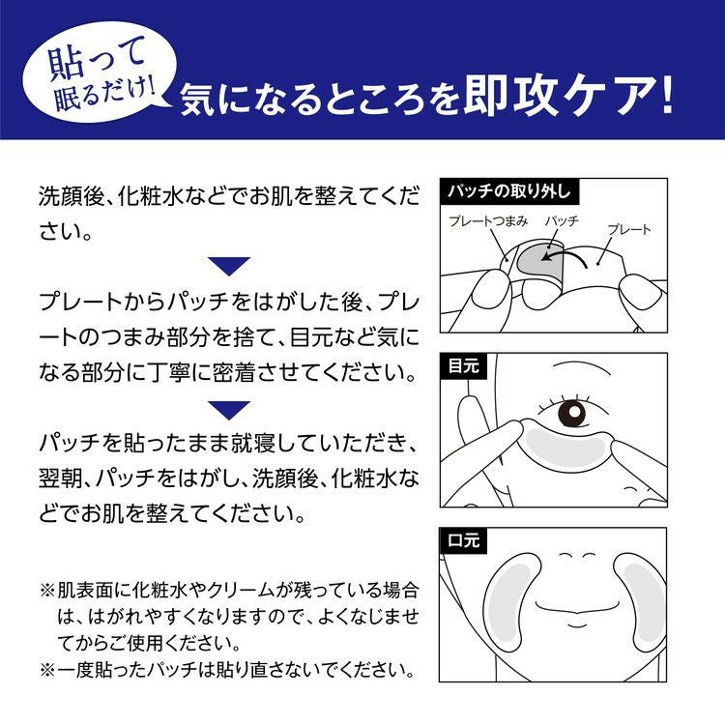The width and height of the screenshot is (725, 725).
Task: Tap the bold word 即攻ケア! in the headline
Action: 567,96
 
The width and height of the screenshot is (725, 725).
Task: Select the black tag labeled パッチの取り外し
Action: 509,191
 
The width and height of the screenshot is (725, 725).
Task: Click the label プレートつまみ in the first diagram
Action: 488,221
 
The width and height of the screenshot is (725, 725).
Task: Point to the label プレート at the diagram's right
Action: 629,229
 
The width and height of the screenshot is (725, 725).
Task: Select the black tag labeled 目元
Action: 464,366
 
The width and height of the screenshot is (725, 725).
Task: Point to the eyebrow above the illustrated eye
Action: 584,365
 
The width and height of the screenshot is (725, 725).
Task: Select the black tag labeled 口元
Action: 464,540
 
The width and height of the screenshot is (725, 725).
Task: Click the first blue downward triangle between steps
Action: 229,265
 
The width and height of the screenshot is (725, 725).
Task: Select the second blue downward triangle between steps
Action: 229,410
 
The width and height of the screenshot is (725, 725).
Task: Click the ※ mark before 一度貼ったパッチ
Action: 47,670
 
